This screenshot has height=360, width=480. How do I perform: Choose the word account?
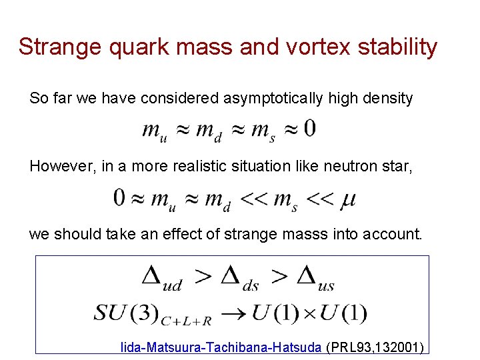point(396,235)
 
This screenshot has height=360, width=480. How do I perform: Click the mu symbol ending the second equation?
point(347,199)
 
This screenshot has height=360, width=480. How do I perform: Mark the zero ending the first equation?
point(309,129)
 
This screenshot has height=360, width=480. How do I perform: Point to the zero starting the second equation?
point(120,198)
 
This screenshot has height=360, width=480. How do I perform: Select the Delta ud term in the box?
point(162,277)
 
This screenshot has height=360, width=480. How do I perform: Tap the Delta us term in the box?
point(315,277)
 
